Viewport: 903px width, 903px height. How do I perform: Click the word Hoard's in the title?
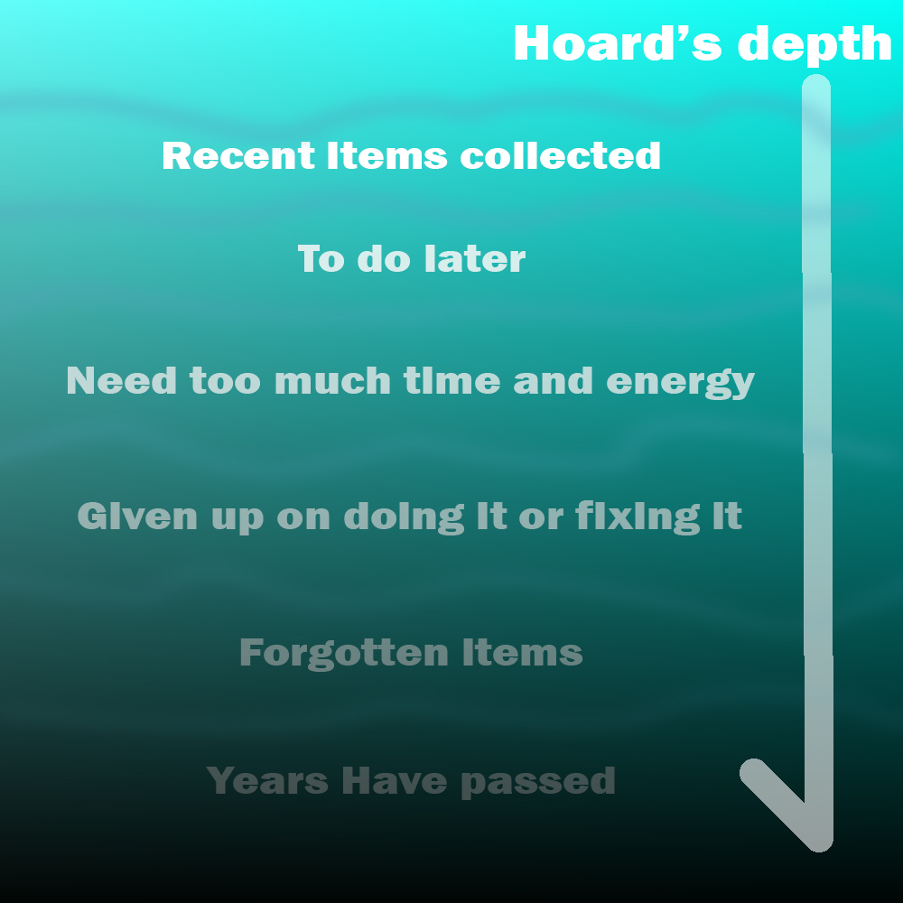point(617,43)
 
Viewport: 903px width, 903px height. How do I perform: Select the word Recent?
point(238,155)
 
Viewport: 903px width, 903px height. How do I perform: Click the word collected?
point(560,155)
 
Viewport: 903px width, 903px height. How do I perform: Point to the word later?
point(475,258)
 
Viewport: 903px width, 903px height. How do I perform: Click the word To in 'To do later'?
point(321,258)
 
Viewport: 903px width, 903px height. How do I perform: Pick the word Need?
point(122,381)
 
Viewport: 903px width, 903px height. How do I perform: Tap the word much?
point(332,381)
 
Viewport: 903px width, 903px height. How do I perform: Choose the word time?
point(451,381)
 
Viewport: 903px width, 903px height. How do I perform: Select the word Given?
point(137,516)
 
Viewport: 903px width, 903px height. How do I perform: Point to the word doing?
point(404,517)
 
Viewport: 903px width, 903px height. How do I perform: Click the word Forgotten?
point(344,653)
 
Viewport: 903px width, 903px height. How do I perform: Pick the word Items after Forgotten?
point(522,653)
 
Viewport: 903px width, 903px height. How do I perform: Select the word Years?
point(267,781)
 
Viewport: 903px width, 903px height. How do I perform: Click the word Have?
point(395,781)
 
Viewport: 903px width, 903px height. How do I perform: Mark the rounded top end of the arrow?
point(816,88)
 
